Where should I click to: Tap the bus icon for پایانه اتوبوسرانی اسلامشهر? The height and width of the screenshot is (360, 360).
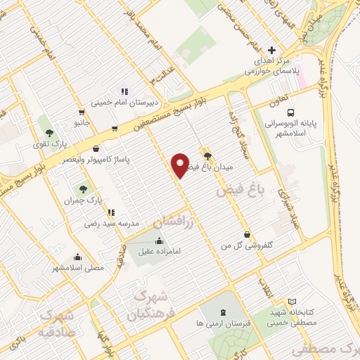pos(290,112)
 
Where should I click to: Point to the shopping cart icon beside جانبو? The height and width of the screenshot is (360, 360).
pos(82,112)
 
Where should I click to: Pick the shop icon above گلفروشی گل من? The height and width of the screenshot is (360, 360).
pos(246,234)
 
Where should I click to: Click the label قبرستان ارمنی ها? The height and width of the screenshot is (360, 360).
pos(224,324)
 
